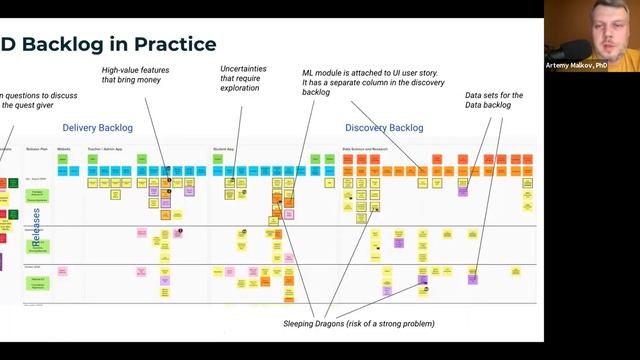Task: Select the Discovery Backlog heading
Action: click(384, 128)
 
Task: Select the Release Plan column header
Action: click(37, 148)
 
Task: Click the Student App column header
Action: click(223, 148)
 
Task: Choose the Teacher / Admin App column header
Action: click(103, 148)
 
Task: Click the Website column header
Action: click(63, 148)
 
